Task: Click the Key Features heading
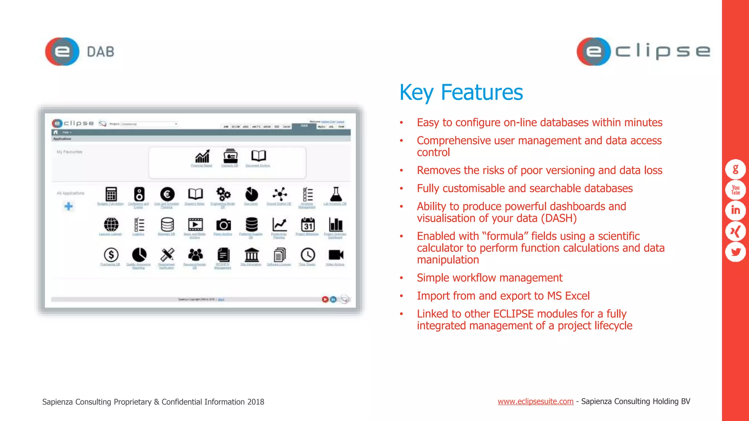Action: point(461,92)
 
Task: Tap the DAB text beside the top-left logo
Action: point(101,52)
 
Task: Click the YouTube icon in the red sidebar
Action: point(735,190)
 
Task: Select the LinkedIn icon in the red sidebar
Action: point(735,210)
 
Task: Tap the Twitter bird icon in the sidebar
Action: point(735,252)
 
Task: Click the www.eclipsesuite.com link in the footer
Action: point(535,401)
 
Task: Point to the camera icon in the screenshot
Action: point(223,224)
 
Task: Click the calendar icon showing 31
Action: point(308,224)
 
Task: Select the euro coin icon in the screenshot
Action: point(167,194)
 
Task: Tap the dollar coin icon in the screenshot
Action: point(111,254)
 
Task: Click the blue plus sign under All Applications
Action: point(68,206)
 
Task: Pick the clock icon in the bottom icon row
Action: point(308,254)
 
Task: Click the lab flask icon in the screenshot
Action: point(336,194)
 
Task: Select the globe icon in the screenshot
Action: point(111,224)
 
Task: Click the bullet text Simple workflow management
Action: point(489,278)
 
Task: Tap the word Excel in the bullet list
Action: point(577,296)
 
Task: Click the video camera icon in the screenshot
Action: point(335,254)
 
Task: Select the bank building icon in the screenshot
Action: point(251,254)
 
